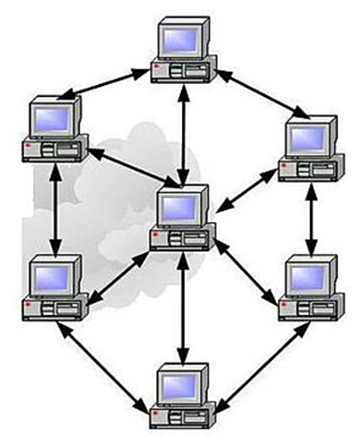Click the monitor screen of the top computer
[183, 39]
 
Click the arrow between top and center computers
[186, 129]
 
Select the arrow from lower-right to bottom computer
[263, 366]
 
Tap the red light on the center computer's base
[156, 237]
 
